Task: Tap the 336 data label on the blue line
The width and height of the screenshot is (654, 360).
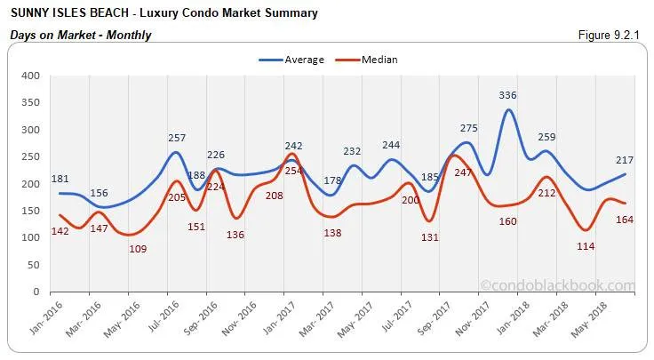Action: click(507, 95)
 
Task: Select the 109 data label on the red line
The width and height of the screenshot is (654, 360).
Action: click(138, 249)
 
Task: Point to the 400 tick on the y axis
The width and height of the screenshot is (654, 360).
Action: click(31, 76)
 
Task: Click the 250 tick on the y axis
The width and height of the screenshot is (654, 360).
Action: click(31, 156)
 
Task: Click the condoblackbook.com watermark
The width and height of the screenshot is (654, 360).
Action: click(557, 285)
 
